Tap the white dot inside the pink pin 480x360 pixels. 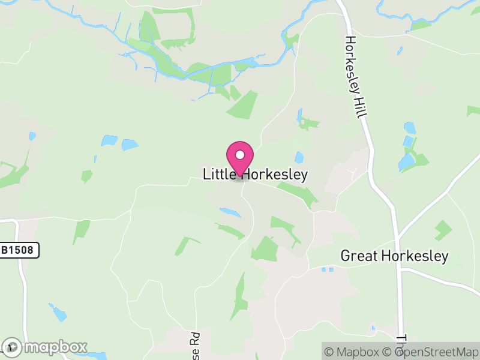(x=240, y=155)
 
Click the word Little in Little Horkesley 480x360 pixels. (x=218, y=175)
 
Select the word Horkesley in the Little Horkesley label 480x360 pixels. (x=274, y=175)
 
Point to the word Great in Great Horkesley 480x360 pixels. (x=358, y=256)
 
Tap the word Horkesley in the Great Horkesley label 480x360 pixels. (x=413, y=256)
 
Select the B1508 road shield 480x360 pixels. (x=19, y=250)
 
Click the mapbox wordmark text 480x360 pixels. (x=55, y=347)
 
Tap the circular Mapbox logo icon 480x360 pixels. (x=12, y=347)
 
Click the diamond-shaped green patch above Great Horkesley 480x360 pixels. (x=443, y=229)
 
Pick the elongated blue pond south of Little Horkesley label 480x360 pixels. (x=230, y=212)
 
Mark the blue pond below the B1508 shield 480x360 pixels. (x=58, y=312)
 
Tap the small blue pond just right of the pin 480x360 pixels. (x=299, y=157)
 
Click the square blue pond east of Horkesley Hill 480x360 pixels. (x=410, y=128)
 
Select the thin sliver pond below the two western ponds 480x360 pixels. (x=95, y=159)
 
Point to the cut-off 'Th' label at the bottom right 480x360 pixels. (x=401, y=344)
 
